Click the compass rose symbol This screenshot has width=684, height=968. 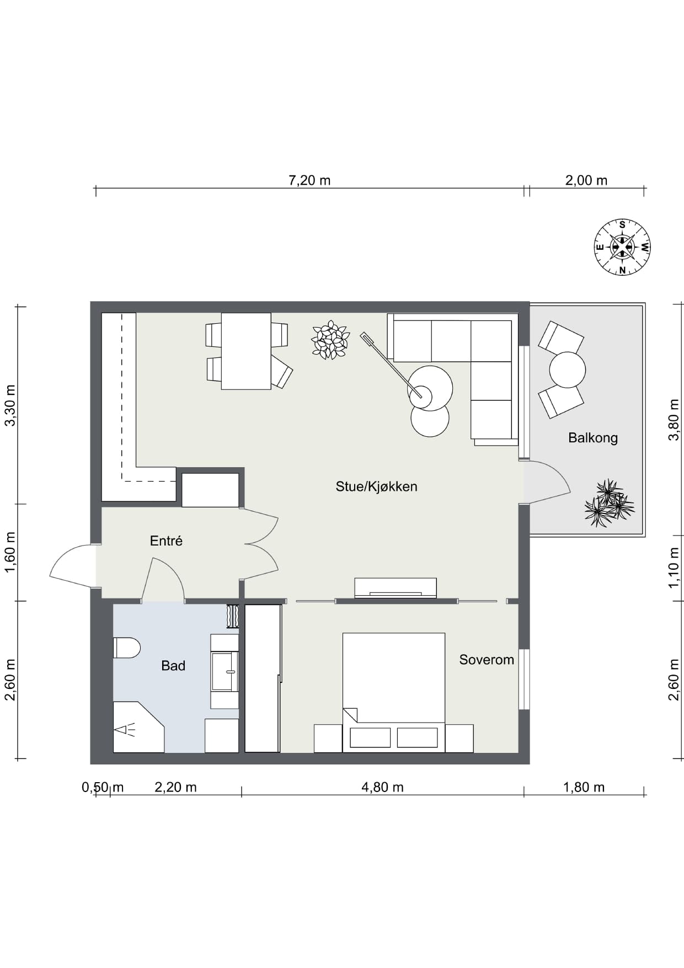(622, 247)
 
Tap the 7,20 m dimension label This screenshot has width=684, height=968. (309, 180)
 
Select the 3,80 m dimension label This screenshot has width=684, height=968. (674, 420)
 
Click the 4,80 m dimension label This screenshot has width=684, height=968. (382, 787)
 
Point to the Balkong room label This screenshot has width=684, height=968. (593, 438)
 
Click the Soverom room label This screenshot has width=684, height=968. (487, 660)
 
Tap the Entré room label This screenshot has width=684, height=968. (166, 541)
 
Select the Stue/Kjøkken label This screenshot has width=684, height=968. (377, 486)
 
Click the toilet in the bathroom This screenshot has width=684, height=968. (127, 648)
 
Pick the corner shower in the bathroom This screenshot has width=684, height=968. (138, 728)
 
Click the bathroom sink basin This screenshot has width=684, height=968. (225, 671)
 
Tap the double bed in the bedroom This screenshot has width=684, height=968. (394, 692)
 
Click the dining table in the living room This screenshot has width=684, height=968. (246, 351)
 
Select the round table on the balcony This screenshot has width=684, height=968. (567, 370)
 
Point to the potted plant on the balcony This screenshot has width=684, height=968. (609, 503)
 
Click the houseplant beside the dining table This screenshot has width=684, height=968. (330, 340)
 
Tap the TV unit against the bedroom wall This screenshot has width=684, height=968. (396, 587)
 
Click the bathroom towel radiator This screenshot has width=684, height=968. (232, 616)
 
